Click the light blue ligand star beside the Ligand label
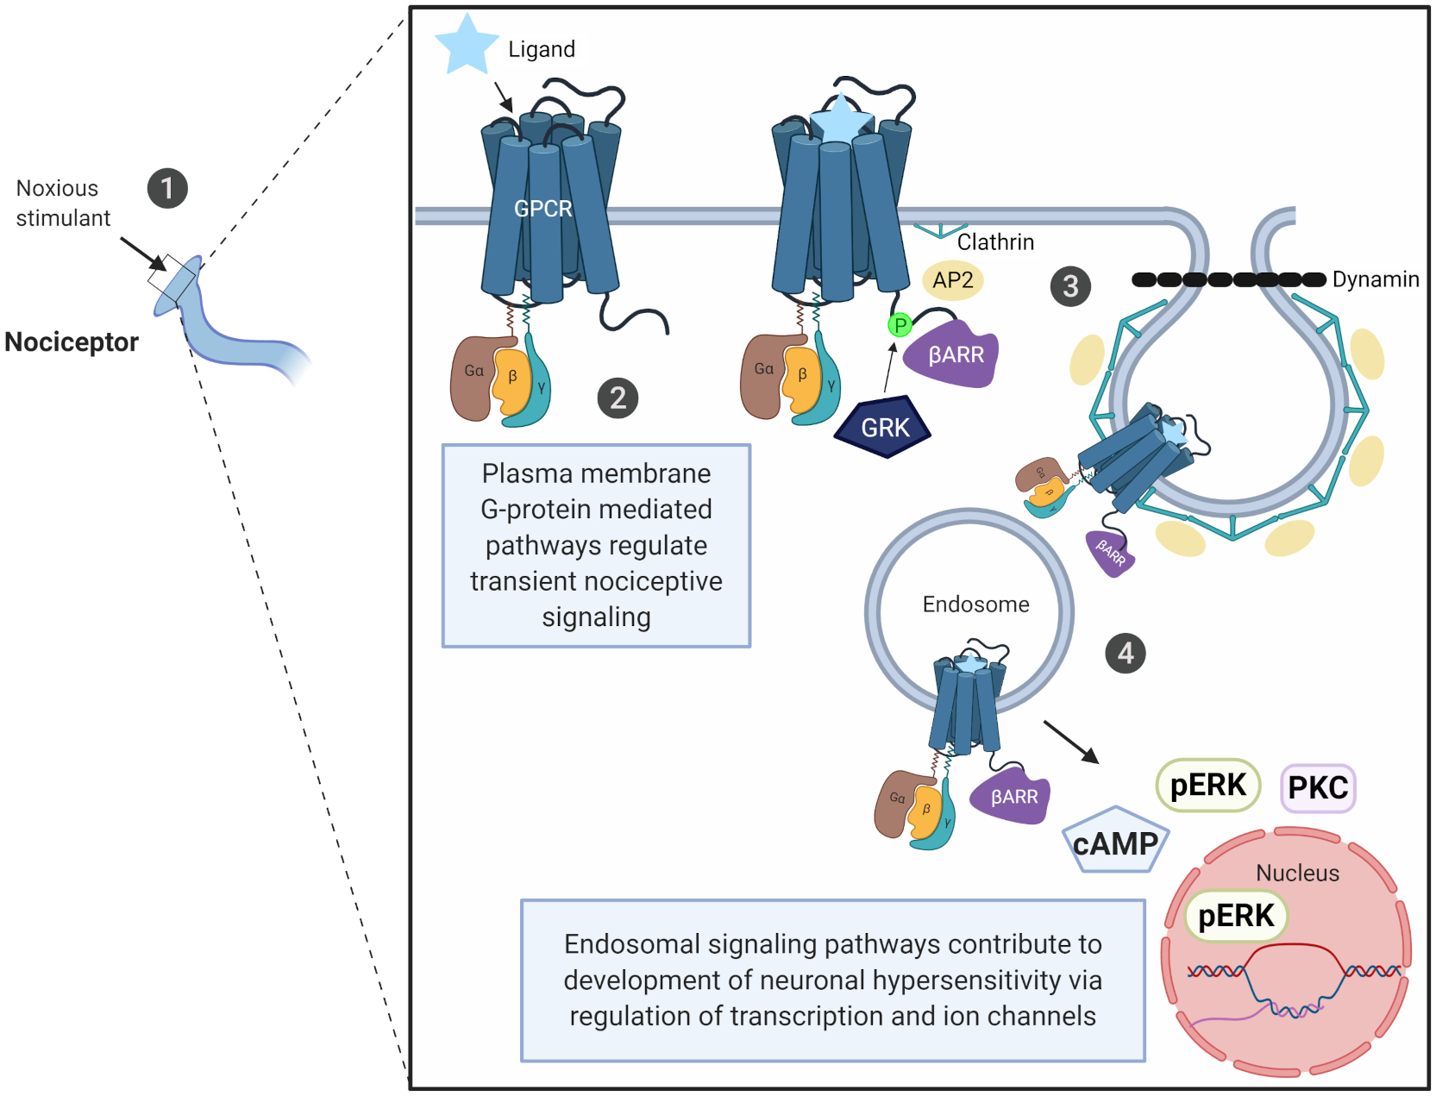click(467, 44)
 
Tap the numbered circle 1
click(167, 188)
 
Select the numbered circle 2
click(618, 398)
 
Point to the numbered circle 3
click(1070, 286)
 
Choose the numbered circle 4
click(1126, 654)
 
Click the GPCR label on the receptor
click(543, 209)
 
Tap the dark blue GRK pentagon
click(884, 427)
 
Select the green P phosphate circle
click(900, 325)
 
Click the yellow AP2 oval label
click(952, 280)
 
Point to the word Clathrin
click(995, 242)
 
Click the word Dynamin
click(1375, 279)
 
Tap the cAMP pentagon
click(1115, 842)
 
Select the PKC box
click(1318, 787)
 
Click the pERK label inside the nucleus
click(1236, 915)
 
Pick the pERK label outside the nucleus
click(1207, 785)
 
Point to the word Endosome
click(975, 604)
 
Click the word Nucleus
click(1297, 874)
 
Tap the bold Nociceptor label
click(72, 342)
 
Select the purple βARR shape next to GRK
click(953, 354)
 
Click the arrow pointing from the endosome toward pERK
click(1071, 742)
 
